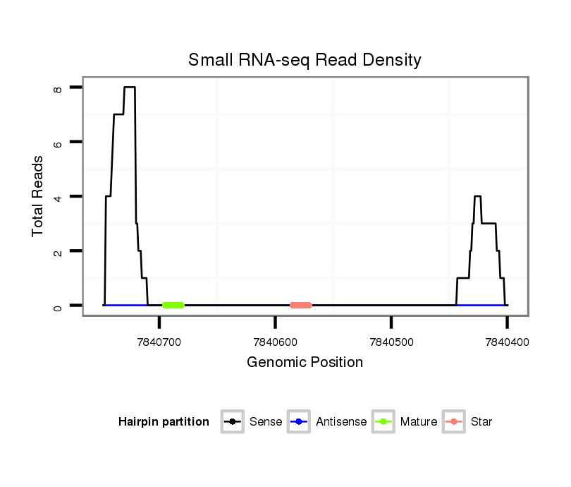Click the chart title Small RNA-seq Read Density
click(x=305, y=60)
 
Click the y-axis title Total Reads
click(x=38, y=196)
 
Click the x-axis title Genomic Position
click(x=305, y=363)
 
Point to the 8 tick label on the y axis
click(x=58, y=88)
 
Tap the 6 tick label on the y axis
click(x=58, y=142)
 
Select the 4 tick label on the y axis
click(x=58, y=196)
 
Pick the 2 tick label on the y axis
click(x=58, y=251)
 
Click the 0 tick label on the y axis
click(x=58, y=306)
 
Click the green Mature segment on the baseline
click(x=173, y=305)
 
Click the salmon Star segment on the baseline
click(x=300, y=305)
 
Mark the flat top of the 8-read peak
click(x=129, y=87)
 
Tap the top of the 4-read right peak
click(x=477, y=196)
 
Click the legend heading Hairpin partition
click(x=164, y=422)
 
